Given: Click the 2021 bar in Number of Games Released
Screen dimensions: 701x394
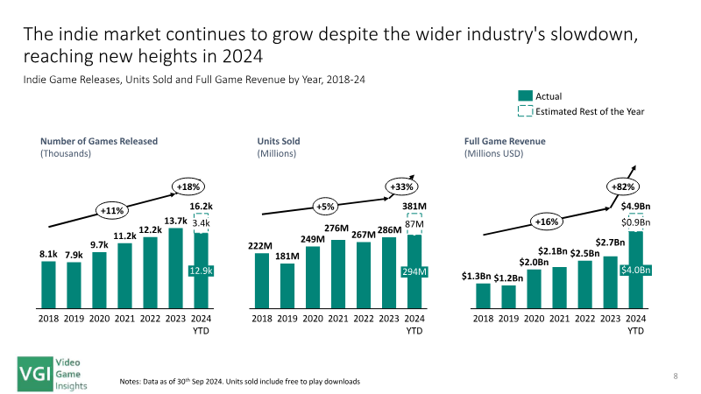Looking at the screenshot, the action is [x=124, y=276].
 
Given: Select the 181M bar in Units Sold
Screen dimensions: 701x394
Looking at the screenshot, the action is [x=287, y=286].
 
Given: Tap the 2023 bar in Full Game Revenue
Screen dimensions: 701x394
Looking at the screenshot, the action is [x=610, y=282].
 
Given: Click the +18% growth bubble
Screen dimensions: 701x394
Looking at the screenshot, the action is [x=188, y=186].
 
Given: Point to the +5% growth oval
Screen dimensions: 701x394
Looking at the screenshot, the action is [x=325, y=207].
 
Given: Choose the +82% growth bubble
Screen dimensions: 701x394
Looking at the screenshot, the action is [x=623, y=186].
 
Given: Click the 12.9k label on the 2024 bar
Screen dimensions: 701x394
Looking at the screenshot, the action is [x=202, y=271].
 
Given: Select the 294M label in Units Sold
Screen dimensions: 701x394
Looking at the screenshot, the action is [x=414, y=271].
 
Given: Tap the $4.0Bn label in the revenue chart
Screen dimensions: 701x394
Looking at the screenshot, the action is [x=636, y=270].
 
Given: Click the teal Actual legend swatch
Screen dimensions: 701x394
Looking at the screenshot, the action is [x=525, y=95].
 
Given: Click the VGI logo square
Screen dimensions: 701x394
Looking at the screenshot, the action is [x=35, y=375].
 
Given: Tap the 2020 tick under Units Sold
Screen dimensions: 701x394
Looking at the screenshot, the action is [x=313, y=319].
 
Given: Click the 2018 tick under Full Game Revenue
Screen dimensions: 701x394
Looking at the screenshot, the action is [x=484, y=319].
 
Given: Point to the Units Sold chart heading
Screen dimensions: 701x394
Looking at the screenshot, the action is [x=279, y=141].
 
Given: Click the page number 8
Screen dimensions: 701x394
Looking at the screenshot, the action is [x=676, y=376].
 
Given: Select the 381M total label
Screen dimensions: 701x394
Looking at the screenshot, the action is [x=414, y=207].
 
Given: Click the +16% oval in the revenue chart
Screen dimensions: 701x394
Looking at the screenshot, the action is [x=547, y=222].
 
